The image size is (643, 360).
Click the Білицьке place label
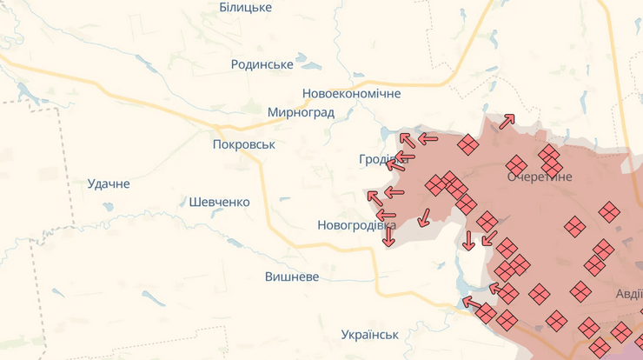pyautogui.click(x=245, y=8)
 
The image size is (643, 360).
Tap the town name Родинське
pyautogui.click(x=262, y=64)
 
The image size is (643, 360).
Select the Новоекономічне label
pyautogui.click(x=351, y=93)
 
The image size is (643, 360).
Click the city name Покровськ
pyautogui.click(x=243, y=144)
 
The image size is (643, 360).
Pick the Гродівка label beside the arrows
pyautogui.click(x=381, y=160)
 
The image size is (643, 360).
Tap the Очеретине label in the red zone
pyautogui.click(x=540, y=177)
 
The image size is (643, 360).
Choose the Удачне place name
pyautogui.click(x=109, y=183)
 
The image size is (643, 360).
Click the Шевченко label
pyautogui.click(x=219, y=202)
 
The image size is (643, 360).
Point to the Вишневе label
pyautogui.click(x=292, y=277)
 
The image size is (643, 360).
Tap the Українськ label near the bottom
pyautogui.click(x=369, y=334)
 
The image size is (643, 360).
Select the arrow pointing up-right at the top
pyautogui.click(x=507, y=122)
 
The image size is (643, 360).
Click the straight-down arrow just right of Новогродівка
pyautogui.click(x=388, y=236)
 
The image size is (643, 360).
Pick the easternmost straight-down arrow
pyautogui.click(x=468, y=241)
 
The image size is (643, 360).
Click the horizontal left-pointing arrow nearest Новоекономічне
pyautogui.click(x=428, y=138)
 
